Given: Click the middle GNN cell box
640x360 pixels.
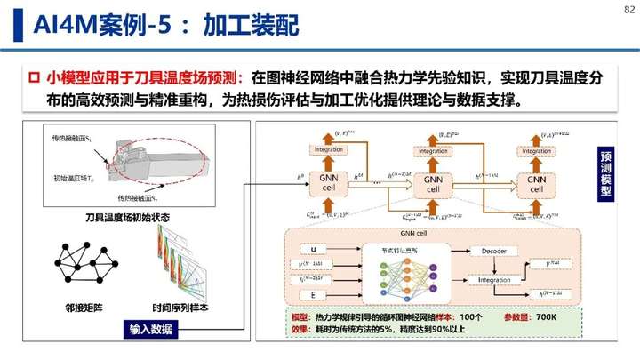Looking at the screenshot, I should coord(433,184).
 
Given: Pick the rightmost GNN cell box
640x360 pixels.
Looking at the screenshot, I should coord(537,184).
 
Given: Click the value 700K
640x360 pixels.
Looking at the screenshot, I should coord(540,317).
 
